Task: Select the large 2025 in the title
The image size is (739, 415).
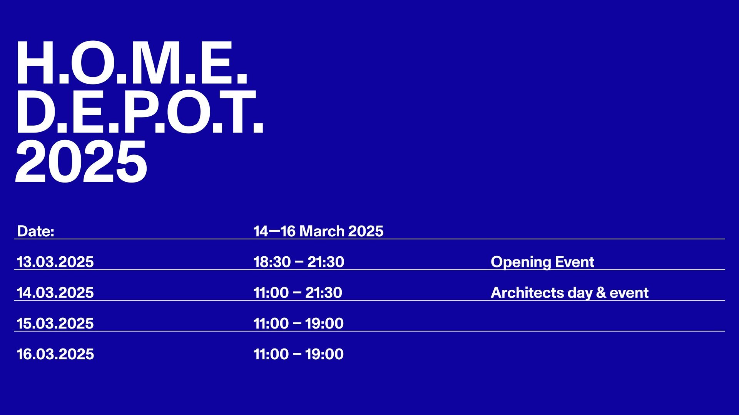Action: coord(81,161)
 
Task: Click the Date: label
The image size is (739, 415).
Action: coord(36,231)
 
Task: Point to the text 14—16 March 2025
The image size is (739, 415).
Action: coord(318,231)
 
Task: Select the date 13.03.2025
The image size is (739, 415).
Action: coord(55,262)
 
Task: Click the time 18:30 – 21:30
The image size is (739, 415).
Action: coord(299,262)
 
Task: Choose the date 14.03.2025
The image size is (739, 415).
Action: coord(55,293)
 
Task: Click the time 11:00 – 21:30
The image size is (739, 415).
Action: coord(298,293)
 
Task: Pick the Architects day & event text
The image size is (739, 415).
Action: coord(570,293)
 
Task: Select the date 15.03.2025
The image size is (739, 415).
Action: coord(55,324)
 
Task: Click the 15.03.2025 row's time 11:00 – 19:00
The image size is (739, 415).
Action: coord(298,324)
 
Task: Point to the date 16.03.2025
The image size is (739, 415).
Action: coord(55,354)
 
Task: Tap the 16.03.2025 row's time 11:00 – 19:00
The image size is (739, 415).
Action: coord(298,354)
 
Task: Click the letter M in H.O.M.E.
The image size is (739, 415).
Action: coord(154,63)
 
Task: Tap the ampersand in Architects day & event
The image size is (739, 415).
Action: coord(601,293)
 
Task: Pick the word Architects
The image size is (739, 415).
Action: coord(527,293)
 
